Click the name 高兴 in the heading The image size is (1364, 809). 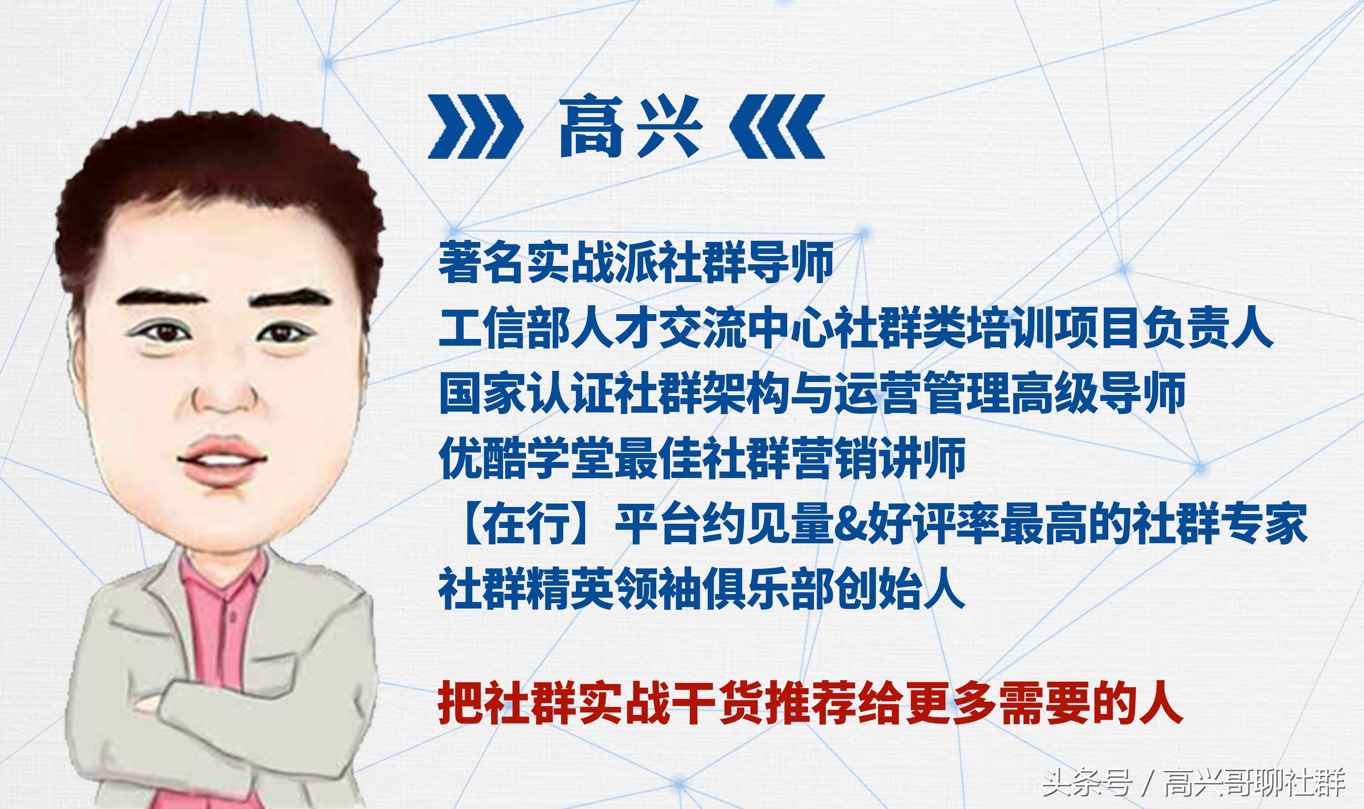coord(631,127)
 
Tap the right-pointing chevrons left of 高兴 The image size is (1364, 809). coord(474,127)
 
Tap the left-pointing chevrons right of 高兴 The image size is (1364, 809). coord(778,127)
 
